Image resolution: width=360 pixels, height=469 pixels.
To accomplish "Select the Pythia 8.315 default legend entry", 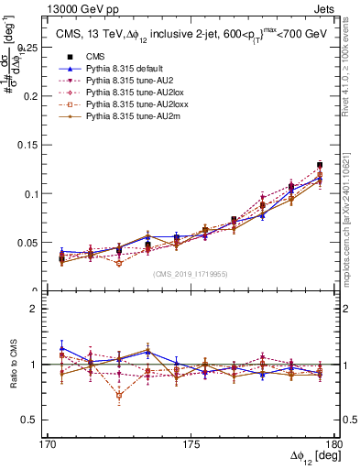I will pyautogui.click(x=123, y=69).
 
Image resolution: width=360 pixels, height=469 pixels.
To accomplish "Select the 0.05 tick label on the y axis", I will pyautogui.click(x=31, y=243).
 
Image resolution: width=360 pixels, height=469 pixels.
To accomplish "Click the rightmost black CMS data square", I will pyautogui.click(x=320, y=166).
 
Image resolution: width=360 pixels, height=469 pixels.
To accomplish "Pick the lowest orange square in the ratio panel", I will pyautogui.click(x=119, y=396).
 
